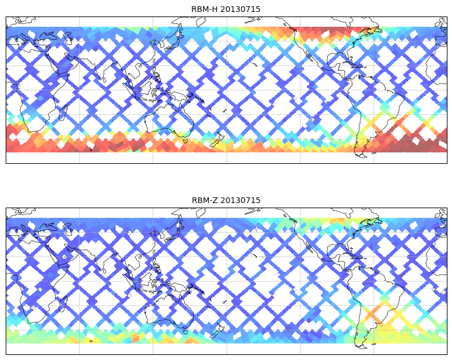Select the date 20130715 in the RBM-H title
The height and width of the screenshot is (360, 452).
pos(240,9)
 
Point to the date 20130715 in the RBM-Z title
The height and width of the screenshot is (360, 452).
pos(240,200)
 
